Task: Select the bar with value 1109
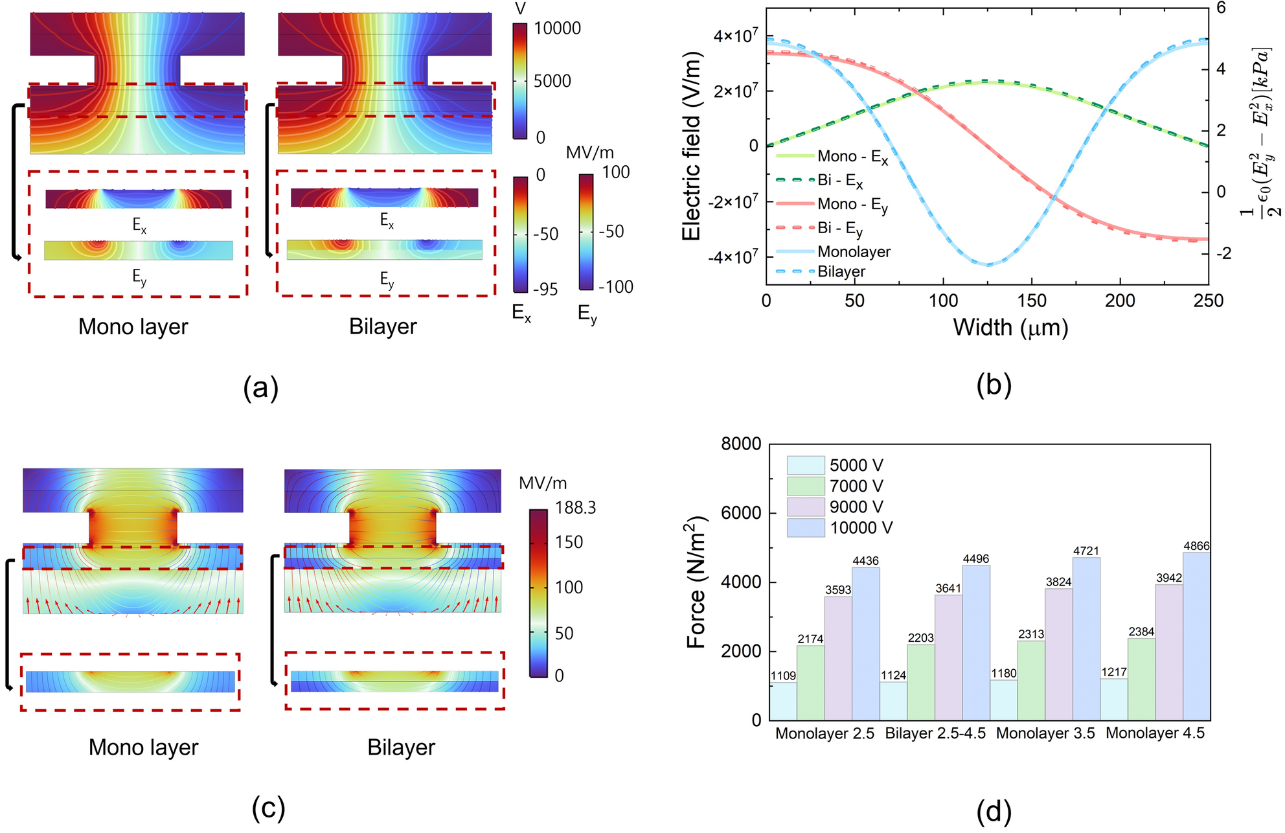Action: [x=783, y=702]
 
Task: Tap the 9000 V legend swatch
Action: [x=806, y=507]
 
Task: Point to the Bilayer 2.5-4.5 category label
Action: [x=935, y=733]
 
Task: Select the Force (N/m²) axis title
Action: [x=696, y=582]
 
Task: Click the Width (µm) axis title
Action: [x=1010, y=328]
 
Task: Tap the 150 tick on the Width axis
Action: [x=1031, y=301]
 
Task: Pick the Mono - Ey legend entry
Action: [x=852, y=204]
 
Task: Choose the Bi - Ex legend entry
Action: [x=839, y=180]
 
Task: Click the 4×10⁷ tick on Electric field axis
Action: [x=736, y=36]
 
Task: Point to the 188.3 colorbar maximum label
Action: [x=575, y=508]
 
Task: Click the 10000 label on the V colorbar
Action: [x=557, y=29]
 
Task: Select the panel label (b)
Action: [x=994, y=385]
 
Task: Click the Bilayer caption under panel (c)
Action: [x=401, y=747]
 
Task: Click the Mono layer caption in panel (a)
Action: [x=133, y=327]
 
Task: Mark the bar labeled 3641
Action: [x=948, y=657]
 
